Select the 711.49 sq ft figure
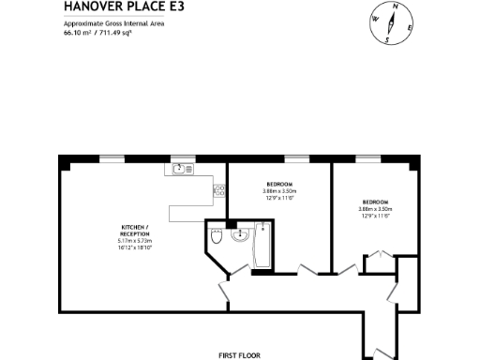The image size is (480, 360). point(112,32)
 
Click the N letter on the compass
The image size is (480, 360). point(395,7)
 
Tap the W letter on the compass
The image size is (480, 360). point(375,19)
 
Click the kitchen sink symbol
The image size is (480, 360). point(179,169)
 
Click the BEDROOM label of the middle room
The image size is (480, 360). point(279,184)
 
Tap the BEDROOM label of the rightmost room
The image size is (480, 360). point(377,202)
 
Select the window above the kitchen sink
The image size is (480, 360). point(179,157)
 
